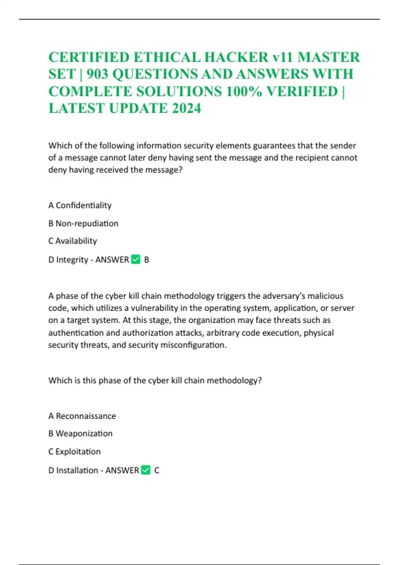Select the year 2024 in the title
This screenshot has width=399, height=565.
click(187, 108)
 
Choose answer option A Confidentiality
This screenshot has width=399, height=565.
click(80, 205)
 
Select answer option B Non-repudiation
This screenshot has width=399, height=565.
click(83, 223)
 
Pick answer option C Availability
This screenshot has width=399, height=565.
click(72, 241)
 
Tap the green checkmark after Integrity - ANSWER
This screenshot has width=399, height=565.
click(136, 259)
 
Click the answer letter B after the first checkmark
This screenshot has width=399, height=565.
click(147, 260)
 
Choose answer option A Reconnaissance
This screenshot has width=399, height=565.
click(82, 416)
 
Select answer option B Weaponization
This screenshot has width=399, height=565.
click(80, 434)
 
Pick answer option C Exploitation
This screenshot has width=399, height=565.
click(74, 452)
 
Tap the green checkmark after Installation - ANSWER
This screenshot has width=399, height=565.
click(146, 470)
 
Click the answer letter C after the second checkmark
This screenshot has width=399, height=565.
click(157, 471)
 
